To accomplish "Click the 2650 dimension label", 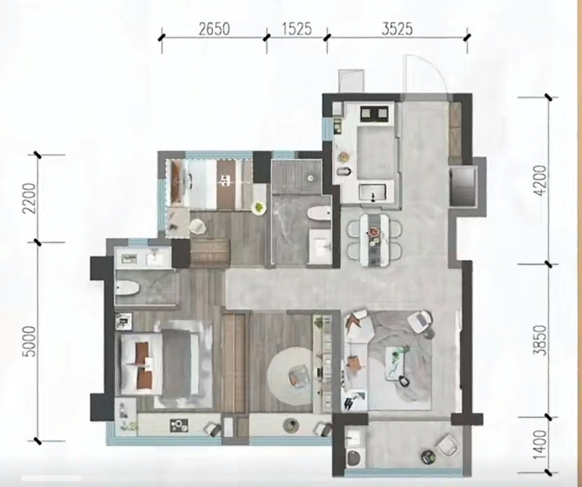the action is (214, 29).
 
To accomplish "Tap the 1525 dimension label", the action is (296, 29).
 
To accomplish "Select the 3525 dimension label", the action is (397, 29).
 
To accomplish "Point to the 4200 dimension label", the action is (541, 180).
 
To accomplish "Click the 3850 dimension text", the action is (541, 340).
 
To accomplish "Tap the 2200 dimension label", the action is (30, 198).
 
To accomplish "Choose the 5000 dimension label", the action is (30, 341).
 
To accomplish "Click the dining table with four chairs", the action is (375, 240).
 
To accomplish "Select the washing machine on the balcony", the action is (353, 457).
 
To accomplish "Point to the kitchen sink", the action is (373, 193).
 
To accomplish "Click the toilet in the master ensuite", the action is (127, 288).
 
